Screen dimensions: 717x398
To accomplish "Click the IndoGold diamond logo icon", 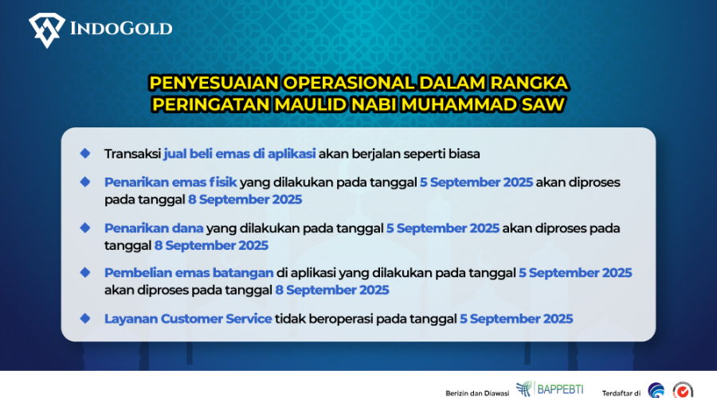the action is click(47, 30).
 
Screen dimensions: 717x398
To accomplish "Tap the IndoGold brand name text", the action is click(121, 29).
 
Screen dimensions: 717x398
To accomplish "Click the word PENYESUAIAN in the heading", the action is click(214, 83).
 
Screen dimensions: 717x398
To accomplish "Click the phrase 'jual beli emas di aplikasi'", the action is click(240, 154).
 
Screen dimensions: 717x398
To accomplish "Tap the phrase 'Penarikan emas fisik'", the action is click(170, 182).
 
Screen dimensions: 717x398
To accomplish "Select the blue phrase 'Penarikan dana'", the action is click(154, 228).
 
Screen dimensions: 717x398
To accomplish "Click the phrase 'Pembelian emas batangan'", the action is click(189, 273).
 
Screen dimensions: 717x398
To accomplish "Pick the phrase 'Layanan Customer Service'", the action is click(188, 319).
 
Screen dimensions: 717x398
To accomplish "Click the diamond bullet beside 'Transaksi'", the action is click(85, 154).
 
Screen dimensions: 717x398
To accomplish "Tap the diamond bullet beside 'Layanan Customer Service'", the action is click(85, 318).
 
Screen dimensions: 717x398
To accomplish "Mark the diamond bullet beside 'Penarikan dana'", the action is click(85, 228).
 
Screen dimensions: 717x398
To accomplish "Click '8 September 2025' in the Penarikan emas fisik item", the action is click(245, 200).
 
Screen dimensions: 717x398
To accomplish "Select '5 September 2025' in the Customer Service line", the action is click(516, 319).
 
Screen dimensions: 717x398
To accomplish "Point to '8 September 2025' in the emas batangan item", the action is click(332, 291).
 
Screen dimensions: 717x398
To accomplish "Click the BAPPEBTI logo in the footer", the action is click(550, 389).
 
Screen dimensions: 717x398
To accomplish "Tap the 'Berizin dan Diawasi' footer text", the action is click(477, 393).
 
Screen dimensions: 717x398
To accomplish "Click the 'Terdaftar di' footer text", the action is click(621, 393).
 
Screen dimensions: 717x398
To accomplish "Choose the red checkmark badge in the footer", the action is click(683, 391).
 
